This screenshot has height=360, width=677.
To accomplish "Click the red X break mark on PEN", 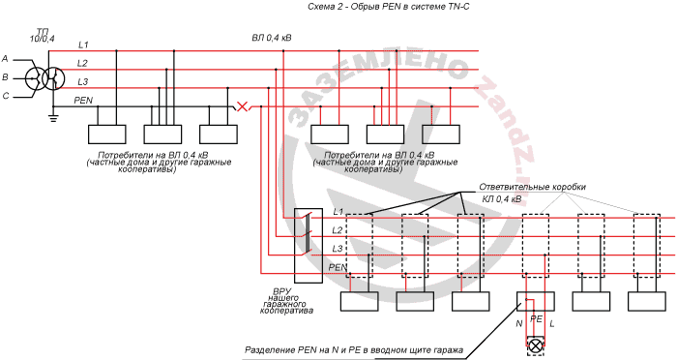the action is (243, 106).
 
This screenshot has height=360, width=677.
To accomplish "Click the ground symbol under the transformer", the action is (53, 117).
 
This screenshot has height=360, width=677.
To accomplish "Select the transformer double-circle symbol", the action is (44, 78).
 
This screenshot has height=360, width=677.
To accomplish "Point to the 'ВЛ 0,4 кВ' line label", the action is (272, 38).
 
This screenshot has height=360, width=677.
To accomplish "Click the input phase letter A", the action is (5, 58).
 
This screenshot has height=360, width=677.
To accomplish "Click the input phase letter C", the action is (6, 96).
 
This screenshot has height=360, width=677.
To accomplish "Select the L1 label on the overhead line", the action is (83, 45).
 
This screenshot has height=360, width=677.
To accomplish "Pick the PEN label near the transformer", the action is (83, 101).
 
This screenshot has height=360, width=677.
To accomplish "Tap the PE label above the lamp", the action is (536, 319).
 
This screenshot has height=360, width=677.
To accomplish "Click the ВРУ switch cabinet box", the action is (309, 246).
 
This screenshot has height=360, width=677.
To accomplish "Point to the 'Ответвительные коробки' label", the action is (532, 187).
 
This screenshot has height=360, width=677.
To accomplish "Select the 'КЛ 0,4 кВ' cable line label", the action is (502, 199).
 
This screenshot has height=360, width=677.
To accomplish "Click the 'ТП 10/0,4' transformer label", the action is (43, 35).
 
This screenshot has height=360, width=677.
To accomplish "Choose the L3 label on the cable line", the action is (338, 249).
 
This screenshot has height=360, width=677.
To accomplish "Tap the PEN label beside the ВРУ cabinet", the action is (338, 267).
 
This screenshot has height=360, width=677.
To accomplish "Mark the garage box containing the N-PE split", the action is (536, 301).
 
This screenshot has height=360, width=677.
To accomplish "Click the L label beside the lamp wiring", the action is (552, 323).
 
